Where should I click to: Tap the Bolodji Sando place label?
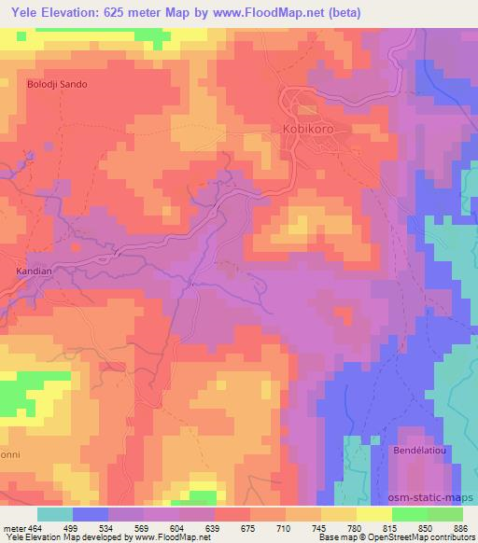point(57,84)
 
